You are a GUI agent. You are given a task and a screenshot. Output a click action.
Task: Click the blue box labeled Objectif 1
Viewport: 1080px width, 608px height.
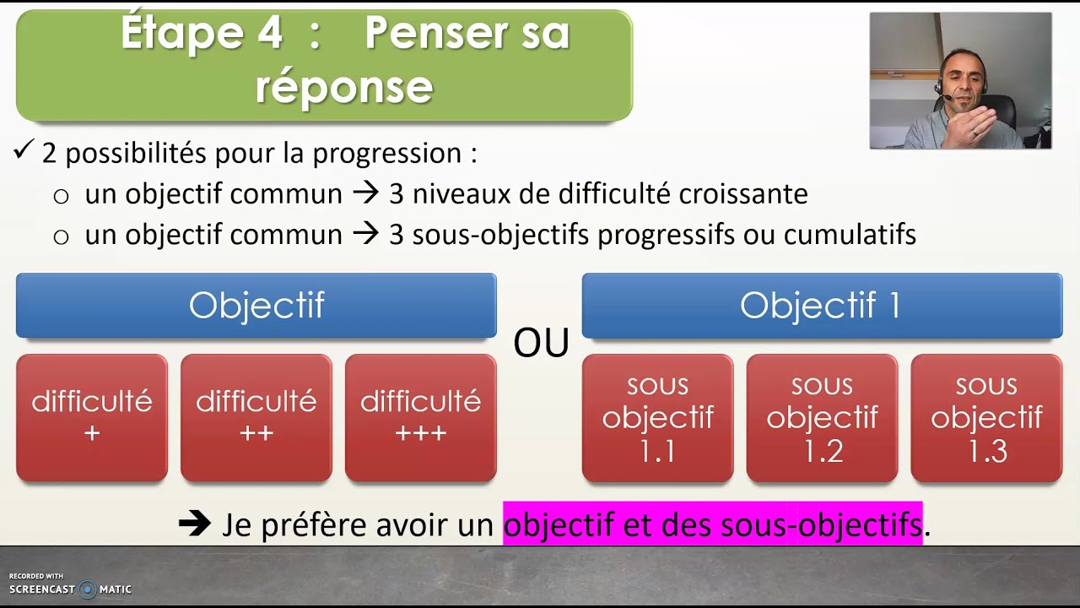pyautogui.click(x=821, y=306)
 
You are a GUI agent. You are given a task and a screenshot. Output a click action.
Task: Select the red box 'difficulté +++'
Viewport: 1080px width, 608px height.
pyautogui.click(x=420, y=418)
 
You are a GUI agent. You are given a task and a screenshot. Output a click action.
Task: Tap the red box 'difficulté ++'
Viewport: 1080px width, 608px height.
pyautogui.click(x=256, y=418)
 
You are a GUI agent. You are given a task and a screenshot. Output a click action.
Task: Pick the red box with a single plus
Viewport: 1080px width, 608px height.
pyautogui.click(x=92, y=418)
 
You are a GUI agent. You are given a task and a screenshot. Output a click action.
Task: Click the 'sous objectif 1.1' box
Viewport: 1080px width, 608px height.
pyautogui.click(x=657, y=418)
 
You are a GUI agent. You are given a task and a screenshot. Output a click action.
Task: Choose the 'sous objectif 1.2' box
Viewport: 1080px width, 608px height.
pyautogui.click(x=822, y=418)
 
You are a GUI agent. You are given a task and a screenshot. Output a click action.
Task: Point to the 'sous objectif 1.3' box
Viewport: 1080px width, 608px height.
pyautogui.click(x=986, y=418)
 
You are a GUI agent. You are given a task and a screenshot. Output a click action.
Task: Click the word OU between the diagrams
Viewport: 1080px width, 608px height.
pyautogui.click(x=541, y=343)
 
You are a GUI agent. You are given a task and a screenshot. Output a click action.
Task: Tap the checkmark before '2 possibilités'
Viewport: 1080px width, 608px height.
pyautogui.click(x=23, y=152)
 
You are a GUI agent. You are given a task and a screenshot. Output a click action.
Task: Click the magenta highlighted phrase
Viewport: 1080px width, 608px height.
pyautogui.click(x=712, y=524)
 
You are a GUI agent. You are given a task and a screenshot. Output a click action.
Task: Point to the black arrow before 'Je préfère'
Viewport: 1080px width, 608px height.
pyautogui.click(x=195, y=524)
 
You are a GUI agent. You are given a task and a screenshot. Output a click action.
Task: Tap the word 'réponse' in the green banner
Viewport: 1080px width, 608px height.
pyautogui.click(x=343, y=86)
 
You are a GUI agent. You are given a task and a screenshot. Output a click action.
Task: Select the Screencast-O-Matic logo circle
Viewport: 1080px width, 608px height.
pyautogui.click(x=87, y=589)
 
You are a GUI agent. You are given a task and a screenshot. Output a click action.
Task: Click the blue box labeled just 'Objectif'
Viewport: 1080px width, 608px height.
pyautogui.click(x=256, y=306)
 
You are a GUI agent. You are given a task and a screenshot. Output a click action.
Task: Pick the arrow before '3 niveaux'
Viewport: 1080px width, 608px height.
pyautogui.click(x=365, y=194)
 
